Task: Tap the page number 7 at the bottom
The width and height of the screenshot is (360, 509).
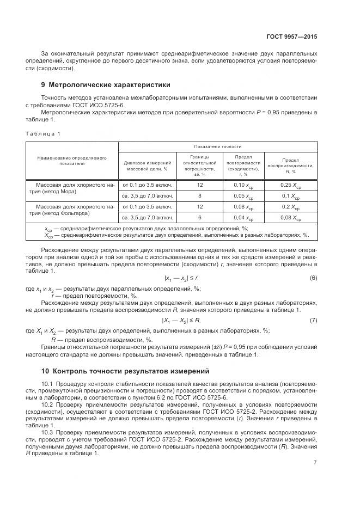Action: point(315,463)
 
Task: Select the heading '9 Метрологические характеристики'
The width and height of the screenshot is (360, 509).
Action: point(106,84)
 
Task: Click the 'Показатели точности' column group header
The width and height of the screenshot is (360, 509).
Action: point(218,147)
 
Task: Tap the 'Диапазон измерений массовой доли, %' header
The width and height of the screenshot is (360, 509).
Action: point(148,165)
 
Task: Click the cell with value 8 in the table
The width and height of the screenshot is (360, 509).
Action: point(199,195)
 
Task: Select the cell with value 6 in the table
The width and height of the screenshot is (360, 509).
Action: point(199,218)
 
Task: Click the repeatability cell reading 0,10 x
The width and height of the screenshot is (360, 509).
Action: point(243,185)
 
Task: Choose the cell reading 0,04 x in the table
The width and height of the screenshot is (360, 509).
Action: point(243,218)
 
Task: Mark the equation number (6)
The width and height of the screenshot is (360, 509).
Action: point(313,278)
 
